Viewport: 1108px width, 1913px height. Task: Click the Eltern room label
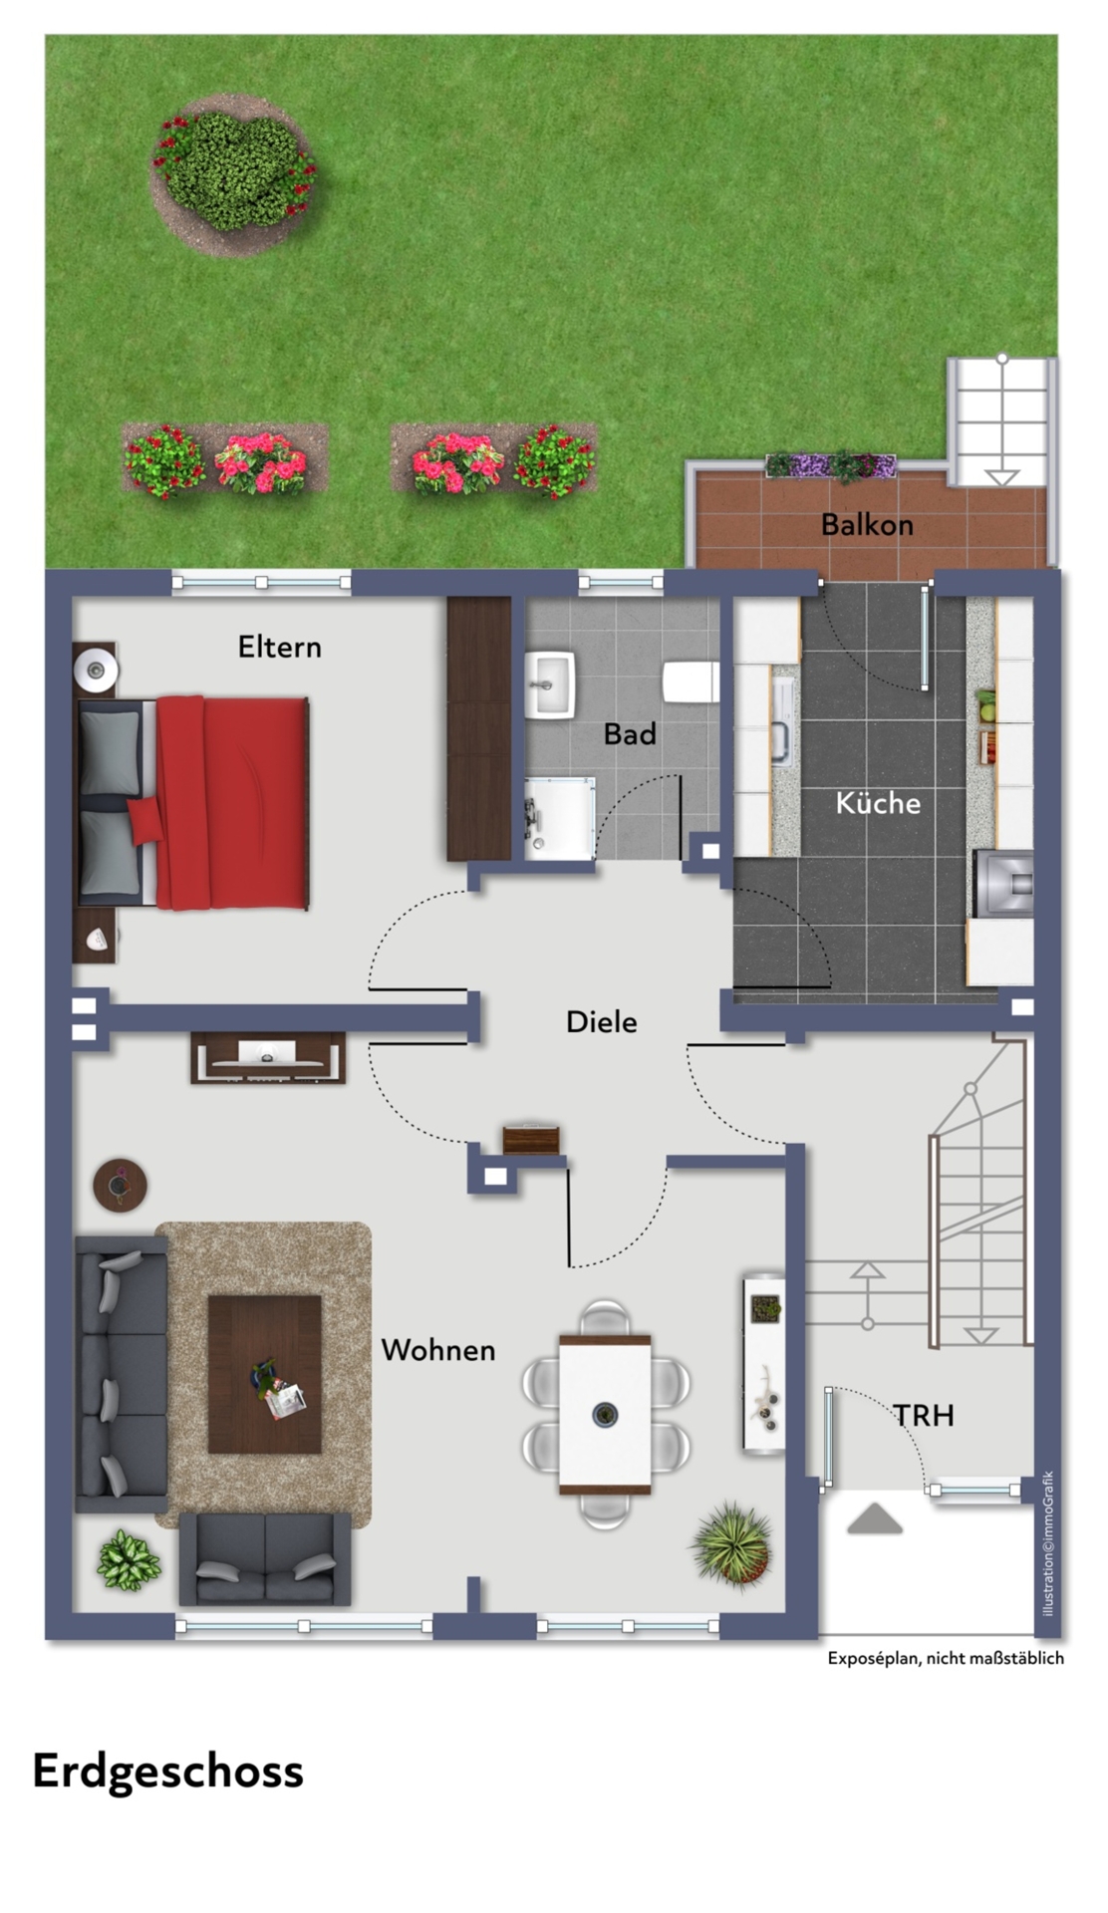tap(279, 648)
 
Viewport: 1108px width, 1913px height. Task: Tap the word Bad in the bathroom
tap(630, 734)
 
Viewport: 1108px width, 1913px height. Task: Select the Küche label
tap(878, 802)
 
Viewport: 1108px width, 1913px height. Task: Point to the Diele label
tap(601, 1021)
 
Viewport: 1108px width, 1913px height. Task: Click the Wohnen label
tap(438, 1350)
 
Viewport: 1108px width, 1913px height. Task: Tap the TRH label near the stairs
tap(924, 1415)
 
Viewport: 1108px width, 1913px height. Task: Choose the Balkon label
tap(867, 524)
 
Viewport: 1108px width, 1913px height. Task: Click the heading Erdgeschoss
tap(167, 1771)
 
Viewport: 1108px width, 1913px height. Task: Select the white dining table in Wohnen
tap(605, 1414)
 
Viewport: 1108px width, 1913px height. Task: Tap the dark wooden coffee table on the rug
tap(264, 1374)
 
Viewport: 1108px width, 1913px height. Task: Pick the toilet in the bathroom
tap(691, 683)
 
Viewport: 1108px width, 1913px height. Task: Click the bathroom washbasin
tap(551, 683)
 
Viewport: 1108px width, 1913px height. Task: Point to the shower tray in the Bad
tap(560, 818)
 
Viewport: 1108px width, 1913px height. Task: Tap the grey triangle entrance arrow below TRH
tap(875, 1519)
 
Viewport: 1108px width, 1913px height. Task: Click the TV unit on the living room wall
tap(268, 1058)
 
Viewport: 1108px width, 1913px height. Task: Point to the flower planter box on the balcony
tap(831, 465)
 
